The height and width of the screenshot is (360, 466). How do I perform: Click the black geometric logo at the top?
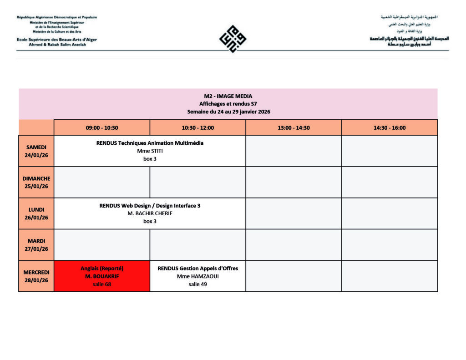tap(233, 39)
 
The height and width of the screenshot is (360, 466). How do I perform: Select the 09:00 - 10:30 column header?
tap(102, 128)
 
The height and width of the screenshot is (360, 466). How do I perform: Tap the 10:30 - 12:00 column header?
tap(198, 128)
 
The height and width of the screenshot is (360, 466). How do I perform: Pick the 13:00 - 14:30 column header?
tap(294, 128)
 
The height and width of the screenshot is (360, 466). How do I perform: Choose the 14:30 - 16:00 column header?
tap(389, 128)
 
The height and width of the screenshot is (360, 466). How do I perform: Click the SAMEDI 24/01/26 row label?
tap(36, 151)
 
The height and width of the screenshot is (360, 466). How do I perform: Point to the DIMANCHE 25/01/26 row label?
tap(36, 182)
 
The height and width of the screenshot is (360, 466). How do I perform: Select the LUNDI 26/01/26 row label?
tap(36, 213)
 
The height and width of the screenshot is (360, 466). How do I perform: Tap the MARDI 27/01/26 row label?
tap(36, 245)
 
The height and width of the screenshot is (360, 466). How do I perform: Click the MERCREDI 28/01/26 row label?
tap(36, 276)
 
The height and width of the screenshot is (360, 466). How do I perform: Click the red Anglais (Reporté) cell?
tap(102, 276)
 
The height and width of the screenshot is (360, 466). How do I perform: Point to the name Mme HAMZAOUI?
tap(198, 276)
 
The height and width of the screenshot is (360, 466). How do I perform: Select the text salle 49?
tap(198, 284)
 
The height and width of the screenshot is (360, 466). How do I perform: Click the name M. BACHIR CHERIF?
tap(150, 213)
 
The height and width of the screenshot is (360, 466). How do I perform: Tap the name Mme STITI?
tap(150, 151)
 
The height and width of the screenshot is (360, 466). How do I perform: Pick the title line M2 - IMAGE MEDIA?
tap(228, 96)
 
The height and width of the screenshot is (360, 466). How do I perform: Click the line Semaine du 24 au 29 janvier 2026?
tap(228, 112)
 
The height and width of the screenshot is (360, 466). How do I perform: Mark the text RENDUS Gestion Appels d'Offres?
tap(198, 269)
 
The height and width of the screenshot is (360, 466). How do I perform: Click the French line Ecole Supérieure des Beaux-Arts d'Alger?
tap(56, 40)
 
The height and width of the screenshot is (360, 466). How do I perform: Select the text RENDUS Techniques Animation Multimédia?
tap(150, 143)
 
